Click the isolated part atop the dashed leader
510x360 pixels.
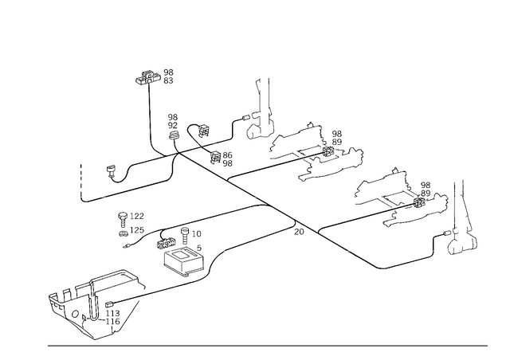[155, 78]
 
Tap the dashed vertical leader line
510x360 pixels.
[150, 115]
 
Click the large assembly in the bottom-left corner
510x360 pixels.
[94, 303]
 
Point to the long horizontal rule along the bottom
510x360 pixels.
[267, 346]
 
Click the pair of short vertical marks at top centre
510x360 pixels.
[262, 82]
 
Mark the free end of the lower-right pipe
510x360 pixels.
[434, 255]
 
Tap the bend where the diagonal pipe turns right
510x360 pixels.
[371, 264]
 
